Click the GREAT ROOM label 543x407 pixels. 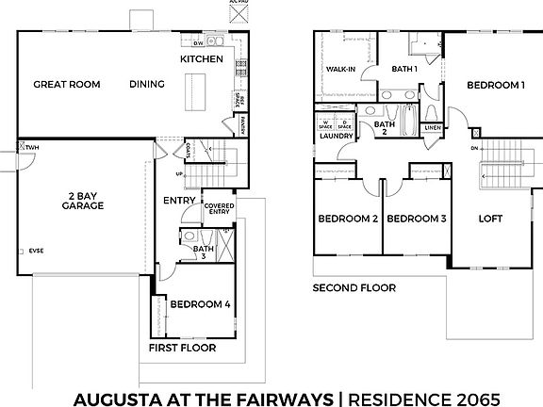click(x=67, y=85)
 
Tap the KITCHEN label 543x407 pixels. click(x=203, y=59)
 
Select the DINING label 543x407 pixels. click(x=147, y=85)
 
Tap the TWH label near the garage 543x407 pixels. click(x=32, y=149)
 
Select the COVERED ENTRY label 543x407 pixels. click(x=219, y=209)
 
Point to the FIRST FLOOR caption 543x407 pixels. click(x=182, y=348)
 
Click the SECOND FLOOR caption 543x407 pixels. click(x=354, y=288)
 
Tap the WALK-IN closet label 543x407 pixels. click(x=340, y=70)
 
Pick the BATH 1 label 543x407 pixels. click(x=404, y=70)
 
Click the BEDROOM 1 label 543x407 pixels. click(x=495, y=86)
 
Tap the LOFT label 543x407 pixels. click(x=491, y=219)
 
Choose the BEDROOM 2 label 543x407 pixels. click(x=348, y=219)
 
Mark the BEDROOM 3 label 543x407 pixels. click(x=417, y=219)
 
